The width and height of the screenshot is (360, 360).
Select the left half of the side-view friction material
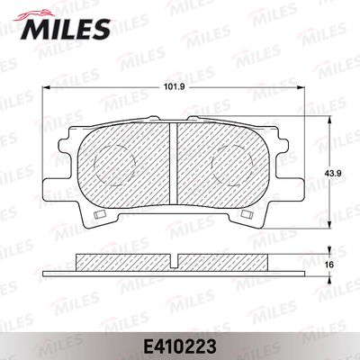click(123, 260)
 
